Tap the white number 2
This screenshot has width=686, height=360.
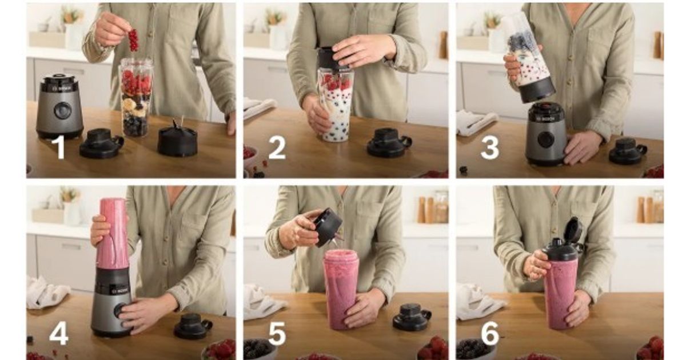(277, 148)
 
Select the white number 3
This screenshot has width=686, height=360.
(489, 148)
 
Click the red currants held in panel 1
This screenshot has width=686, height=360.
(133, 40)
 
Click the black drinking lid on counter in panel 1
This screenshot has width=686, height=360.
(101, 143)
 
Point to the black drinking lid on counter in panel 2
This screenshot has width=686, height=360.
(389, 143)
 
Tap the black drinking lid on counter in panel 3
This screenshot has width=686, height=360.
(627, 151)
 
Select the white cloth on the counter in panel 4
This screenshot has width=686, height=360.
(46, 293)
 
